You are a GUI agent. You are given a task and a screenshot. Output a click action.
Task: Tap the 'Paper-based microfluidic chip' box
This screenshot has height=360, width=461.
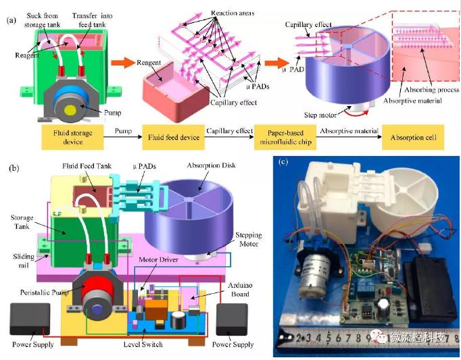[x=285, y=138]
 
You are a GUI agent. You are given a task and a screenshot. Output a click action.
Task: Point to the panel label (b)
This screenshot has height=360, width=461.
[x=11, y=167]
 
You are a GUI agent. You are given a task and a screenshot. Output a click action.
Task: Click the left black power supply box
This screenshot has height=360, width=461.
[x=32, y=319]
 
